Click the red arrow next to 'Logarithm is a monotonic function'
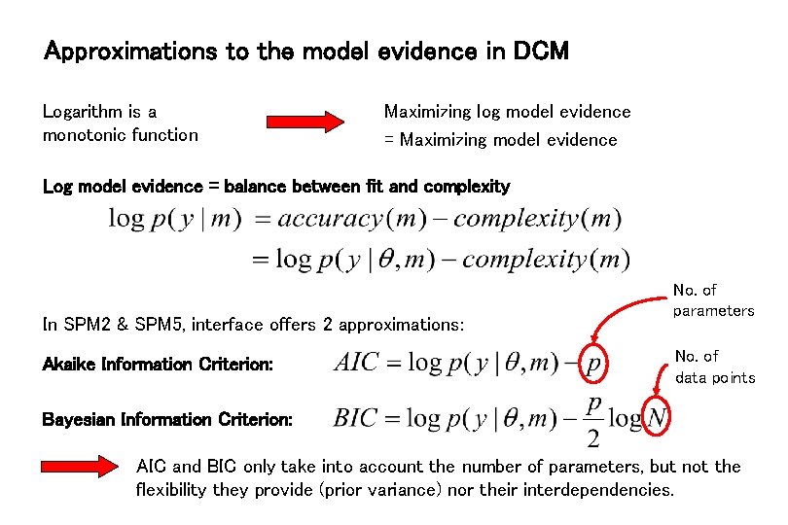pos(305,122)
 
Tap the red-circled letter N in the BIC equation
pos(658,418)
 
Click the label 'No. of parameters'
pos(713,300)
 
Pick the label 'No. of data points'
pos(714,367)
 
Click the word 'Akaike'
pos(69,365)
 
